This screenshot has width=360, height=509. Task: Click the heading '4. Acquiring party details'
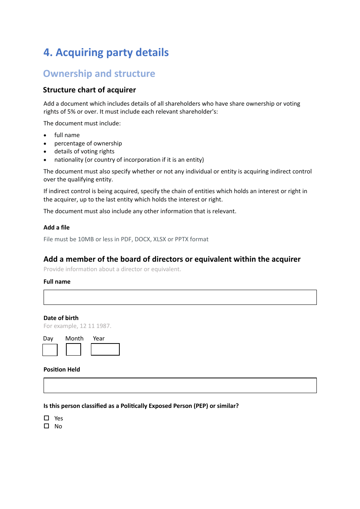pos(106,52)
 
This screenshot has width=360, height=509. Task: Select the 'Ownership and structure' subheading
pos(99,73)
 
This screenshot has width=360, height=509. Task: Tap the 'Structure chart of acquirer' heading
pos(89,90)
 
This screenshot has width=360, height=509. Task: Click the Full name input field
pos(180,297)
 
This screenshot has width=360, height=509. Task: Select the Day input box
pos(50,350)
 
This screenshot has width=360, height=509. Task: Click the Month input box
pos(74,350)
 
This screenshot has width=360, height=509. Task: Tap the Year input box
pos(105,350)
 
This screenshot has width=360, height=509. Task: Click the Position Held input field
pos(180,386)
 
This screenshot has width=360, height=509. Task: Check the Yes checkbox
pos(47,418)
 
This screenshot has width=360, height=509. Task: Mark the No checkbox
pos(47,426)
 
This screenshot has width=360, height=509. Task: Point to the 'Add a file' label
pos(56,228)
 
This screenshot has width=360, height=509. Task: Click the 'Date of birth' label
pos(61,318)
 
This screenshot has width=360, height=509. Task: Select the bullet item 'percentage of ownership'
pos(88,144)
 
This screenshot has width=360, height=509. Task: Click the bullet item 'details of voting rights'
pos(84,151)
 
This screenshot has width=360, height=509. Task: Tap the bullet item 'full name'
pos(67,135)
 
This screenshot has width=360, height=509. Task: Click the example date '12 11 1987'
pos(95,326)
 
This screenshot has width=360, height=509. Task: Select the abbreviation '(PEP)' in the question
pos(201,406)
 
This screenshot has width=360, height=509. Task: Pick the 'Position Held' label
pos(62,370)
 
